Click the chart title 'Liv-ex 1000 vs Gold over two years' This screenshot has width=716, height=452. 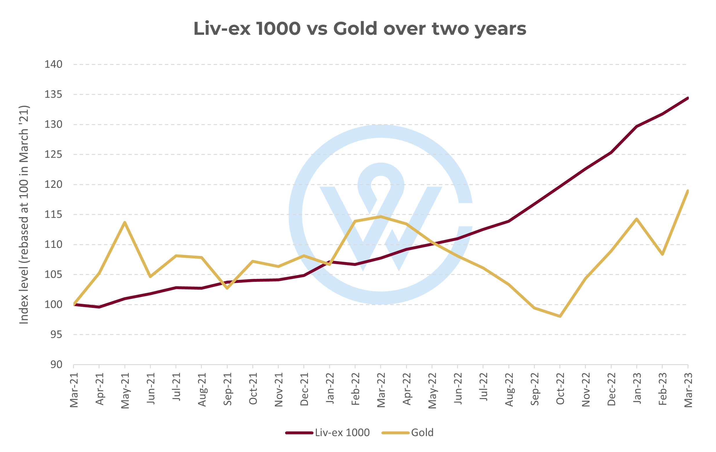tap(360, 28)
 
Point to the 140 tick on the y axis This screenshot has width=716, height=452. tap(54, 64)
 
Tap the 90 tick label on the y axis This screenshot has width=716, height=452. tap(56, 364)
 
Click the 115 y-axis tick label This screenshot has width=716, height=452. tap(54, 214)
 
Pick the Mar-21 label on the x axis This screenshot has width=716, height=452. tap(74, 390)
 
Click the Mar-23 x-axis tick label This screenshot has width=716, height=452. tap(688, 390)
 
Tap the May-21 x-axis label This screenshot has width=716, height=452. tap(125, 390)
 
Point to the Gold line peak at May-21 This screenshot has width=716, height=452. tap(125, 222)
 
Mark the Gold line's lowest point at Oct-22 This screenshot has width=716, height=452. tap(560, 316)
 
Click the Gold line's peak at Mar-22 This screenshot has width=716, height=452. tap(381, 217)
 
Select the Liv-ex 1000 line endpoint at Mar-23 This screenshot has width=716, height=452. tap(688, 98)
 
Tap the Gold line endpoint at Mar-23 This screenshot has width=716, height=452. tap(688, 191)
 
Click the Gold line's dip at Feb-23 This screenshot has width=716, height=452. tap(662, 254)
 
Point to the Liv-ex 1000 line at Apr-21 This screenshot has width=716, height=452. tap(99, 307)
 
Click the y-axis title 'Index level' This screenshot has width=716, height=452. tap(24, 214)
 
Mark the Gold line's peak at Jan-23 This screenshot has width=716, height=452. tap(637, 219)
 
